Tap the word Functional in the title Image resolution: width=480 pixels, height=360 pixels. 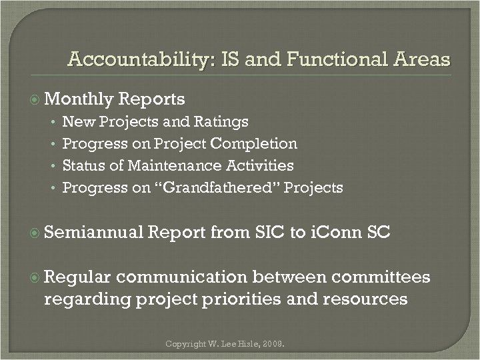319,61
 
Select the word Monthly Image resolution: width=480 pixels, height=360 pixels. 79,99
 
